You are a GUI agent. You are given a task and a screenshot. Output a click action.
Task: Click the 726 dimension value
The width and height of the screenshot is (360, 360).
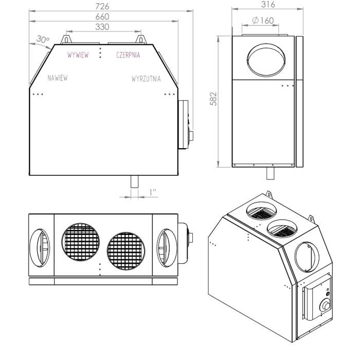click(x=102, y=6)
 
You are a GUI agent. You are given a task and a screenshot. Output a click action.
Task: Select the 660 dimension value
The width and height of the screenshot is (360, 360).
click(x=102, y=17)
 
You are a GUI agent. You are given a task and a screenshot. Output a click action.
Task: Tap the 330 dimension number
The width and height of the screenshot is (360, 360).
click(x=102, y=27)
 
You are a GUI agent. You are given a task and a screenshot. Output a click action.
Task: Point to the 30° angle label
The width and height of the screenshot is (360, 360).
click(x=43, y=39)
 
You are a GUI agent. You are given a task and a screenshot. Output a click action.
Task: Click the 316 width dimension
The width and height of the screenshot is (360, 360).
click(x=268, y=4)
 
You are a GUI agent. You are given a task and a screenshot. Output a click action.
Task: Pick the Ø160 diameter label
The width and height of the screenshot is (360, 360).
click(x=263, y=21)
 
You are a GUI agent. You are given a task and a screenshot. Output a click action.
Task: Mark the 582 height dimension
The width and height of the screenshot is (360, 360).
click(x=213, y=99)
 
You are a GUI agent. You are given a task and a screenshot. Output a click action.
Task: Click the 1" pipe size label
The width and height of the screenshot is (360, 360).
click(x=153, y=192)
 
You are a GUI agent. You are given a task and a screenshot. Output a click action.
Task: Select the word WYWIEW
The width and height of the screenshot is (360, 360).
click(x=78, y=55)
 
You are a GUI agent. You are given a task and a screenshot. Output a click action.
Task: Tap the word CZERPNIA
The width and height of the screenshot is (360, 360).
click(x=128, y=55)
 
